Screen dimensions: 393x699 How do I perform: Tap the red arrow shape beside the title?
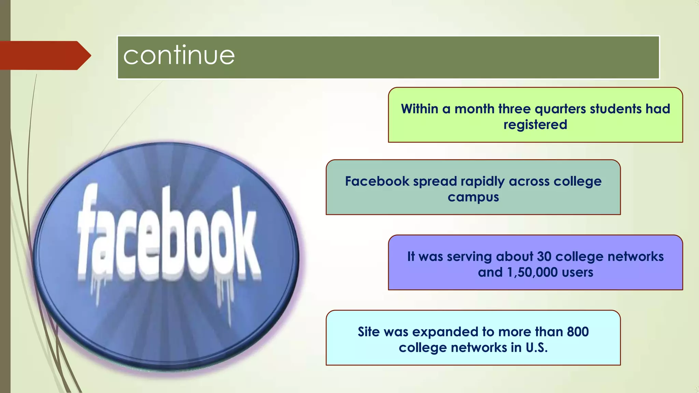click(x=44, y=55)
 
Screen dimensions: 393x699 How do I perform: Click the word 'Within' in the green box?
click(x=419, y=109)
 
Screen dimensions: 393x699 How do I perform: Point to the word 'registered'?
click(x=535, y=125)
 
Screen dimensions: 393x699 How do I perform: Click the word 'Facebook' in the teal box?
click(x=377, y=181)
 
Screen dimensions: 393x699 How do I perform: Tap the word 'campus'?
click(x=473, y=197)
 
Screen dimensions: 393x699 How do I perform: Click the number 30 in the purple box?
click(x=544, y=257)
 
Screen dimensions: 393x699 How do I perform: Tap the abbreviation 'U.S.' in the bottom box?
click(x=537, y=348)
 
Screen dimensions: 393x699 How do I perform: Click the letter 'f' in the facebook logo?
click(x=89, y=232)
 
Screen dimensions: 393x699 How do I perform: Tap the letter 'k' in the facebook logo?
click(x=244, y=235)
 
